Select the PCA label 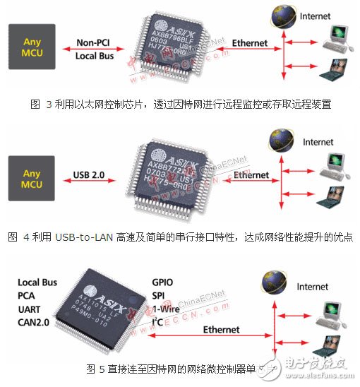[x=28, y=295]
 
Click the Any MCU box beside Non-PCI [x=32, y=47]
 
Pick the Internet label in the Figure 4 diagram [x=318, y=142]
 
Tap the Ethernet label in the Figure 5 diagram [x=221, y=330]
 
